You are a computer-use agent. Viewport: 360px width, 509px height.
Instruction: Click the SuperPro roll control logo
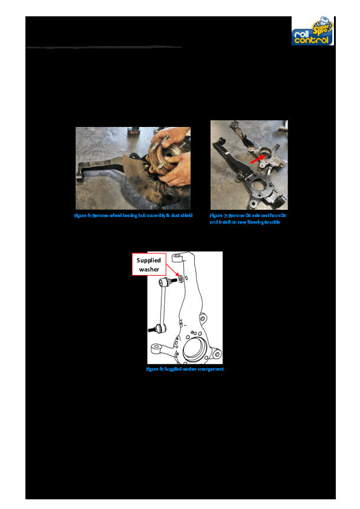(x=313, y=31)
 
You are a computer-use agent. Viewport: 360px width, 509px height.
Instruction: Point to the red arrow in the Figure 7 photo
(x=258, y=159)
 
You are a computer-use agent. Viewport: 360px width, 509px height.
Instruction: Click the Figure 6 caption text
(x=133, y=215)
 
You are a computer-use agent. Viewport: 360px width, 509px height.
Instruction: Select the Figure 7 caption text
(x=247, y=218)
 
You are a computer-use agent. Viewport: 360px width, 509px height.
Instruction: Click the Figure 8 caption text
(x=185, y=369)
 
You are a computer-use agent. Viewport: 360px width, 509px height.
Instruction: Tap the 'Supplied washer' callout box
(x=149, y=264)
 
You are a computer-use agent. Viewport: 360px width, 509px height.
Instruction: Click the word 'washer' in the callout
(x=149, y=269)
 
